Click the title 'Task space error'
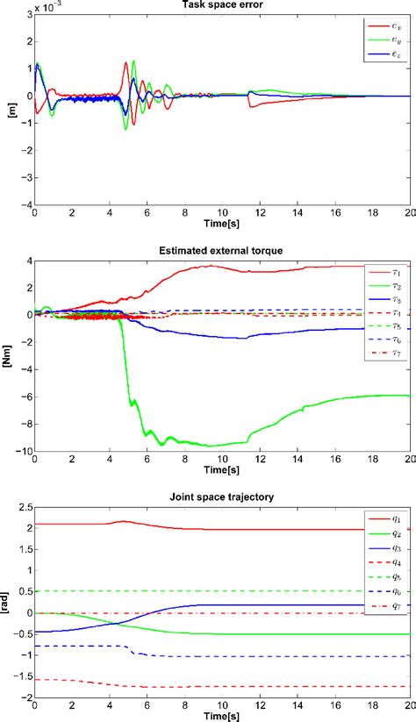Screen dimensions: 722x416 221,5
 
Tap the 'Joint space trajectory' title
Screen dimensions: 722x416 221,497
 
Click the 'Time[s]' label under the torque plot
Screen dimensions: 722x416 221,466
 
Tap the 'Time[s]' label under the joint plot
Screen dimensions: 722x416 221,712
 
